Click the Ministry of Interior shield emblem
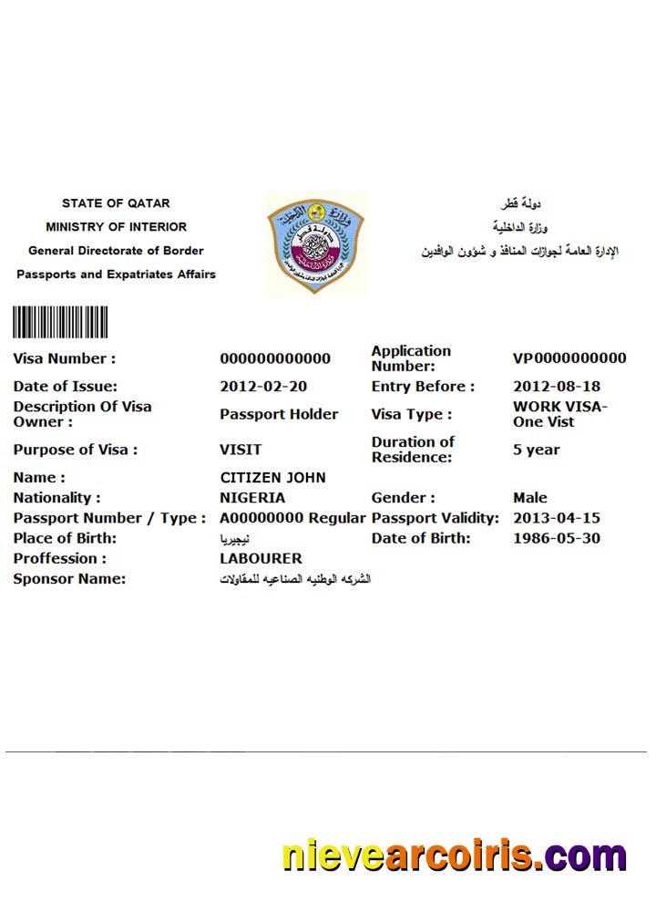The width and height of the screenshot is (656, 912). coord(316,243)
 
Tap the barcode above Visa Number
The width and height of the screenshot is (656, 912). coord(60,323)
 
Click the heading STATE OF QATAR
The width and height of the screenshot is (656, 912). coord(116,203)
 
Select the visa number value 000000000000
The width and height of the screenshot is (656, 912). coord(275,358)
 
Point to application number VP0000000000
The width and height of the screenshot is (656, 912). coord(569,358)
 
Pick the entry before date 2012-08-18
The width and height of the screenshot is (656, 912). coord(557,387)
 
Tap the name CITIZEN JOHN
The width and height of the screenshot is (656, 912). coord(272,478)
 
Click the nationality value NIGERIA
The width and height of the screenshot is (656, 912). coord(252,498)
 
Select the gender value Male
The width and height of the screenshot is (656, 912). coord(530,498)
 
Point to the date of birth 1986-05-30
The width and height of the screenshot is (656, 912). coord(557,538)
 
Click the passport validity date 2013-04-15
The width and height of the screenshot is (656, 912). coord(557,518)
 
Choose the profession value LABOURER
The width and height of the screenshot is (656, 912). coord(261,558)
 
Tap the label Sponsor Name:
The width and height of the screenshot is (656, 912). coord(69,579)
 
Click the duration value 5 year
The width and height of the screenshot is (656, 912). coord(537,450)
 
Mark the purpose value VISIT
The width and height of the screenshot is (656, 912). coord(241,450)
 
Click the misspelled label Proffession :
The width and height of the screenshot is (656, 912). coord(59,558)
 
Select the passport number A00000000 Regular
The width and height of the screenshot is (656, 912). coord(292,518)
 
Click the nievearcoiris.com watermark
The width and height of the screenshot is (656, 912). coord(454,857)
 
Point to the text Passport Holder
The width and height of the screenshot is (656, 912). coord(279,414)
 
